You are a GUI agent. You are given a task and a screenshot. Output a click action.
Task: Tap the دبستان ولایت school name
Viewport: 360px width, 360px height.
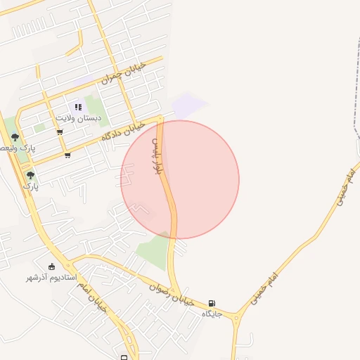pyautogui.click(x=79, y=118)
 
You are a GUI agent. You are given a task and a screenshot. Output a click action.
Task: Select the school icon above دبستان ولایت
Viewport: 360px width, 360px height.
pyautogui.click(x=78, y=107)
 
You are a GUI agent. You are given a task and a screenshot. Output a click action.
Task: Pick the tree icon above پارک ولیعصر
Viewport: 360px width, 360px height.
pyautogui.click(x=15, y=137)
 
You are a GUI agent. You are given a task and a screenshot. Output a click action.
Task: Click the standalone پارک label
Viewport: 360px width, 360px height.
pyautogui.click(x=29, y=186)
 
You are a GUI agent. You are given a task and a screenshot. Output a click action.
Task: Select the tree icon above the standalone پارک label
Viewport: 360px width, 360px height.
pyautogui.click(x=30, y=175)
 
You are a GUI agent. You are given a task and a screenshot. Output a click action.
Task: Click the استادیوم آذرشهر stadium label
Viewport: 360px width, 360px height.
pyautogui.click(x=51, y=278)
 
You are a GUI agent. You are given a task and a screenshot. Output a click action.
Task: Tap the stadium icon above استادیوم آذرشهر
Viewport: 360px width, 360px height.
pyautogui.click(x=51, y=266)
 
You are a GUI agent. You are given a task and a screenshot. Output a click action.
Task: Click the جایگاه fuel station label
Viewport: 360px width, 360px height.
pyautogui.click(x=212, y=314)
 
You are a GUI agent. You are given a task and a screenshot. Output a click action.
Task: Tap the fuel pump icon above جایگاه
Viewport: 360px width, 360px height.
pyautogui.click(x=212, y=303)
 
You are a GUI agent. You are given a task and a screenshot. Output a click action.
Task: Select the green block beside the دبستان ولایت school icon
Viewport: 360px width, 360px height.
pyautogui.click(x=93, y=107)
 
